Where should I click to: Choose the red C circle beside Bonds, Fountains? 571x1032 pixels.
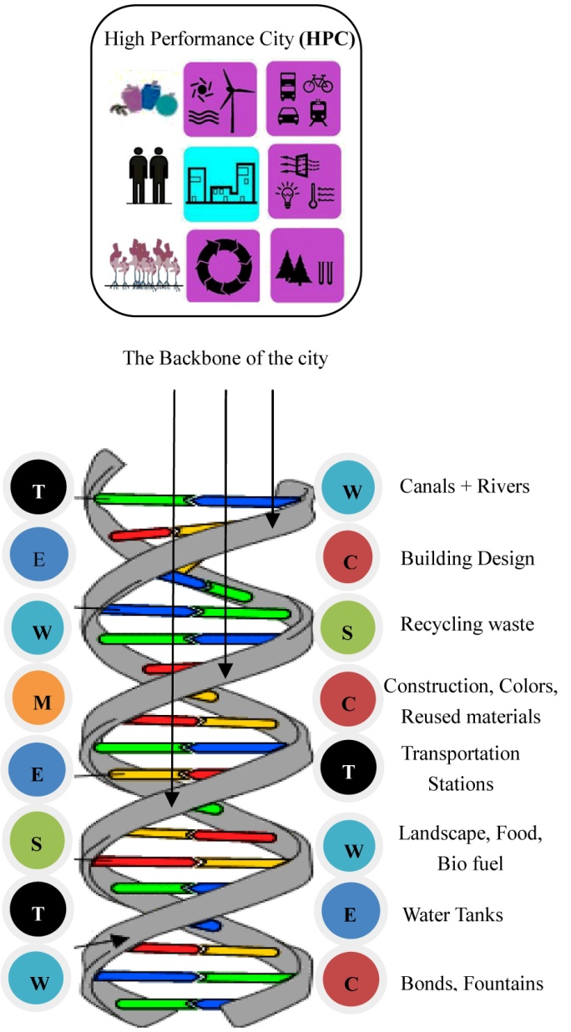pyautogui.click(x=350, y=984)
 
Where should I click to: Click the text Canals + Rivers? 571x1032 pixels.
pyautogui.click(x=465, y=486)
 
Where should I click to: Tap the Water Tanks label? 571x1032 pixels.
pyautogui.click(x=452, y=915)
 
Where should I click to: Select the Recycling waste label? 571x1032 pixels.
pyautogui.click(x=467, y=624)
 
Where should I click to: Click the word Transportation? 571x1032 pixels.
pyautogui.click(x=460, y=753)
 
